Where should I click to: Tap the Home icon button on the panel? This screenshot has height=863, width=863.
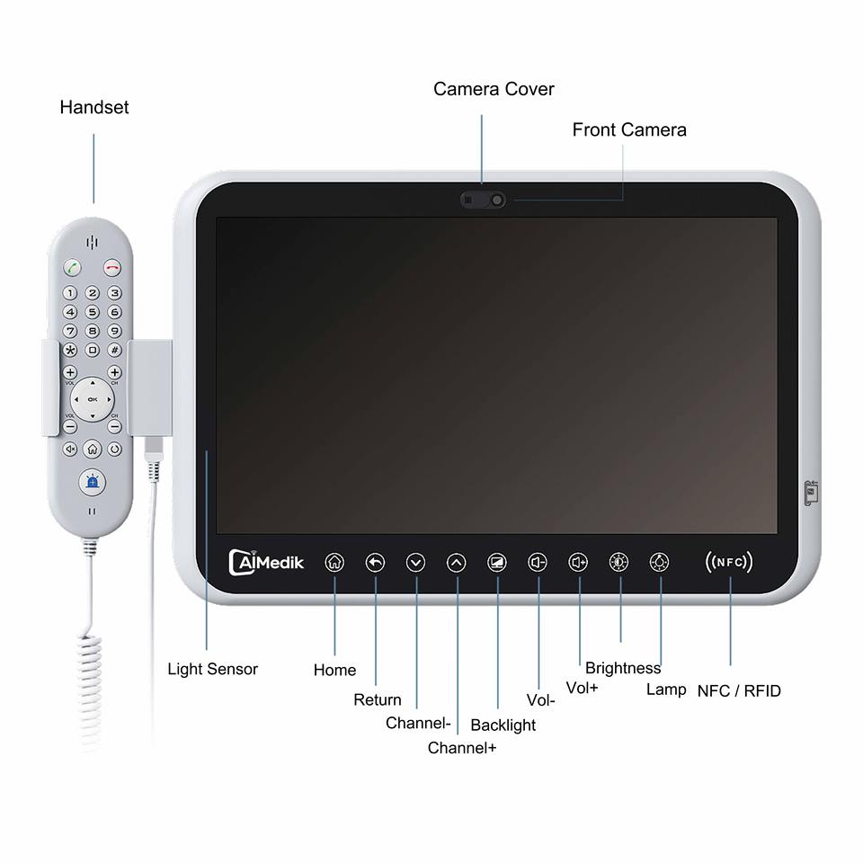tap(334, 563)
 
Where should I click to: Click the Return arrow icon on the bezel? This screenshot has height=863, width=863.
tap(375, 563)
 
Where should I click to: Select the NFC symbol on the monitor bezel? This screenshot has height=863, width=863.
tap(729, 563)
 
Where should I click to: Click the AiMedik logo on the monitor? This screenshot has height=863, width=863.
tap(267, 563)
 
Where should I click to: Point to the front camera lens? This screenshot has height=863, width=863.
tap(495, 200)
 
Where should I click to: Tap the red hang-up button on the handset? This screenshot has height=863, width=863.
tap(112, 267)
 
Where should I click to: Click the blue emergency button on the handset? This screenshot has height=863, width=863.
tap(92, 482)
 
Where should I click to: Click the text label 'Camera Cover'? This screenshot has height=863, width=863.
tap(494, 89)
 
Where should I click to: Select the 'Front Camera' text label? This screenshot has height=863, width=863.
tap(629, 129)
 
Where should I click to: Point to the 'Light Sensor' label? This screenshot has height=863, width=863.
tap(212, 669)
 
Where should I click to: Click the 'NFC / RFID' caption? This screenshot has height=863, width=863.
tap(739, 690)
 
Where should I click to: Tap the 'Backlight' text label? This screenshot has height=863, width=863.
tap(503, 725)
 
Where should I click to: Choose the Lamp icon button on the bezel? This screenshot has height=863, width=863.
tap(659, 563)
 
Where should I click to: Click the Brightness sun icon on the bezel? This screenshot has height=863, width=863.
tap(618, 563)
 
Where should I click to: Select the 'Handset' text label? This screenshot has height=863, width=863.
tap(94, 107)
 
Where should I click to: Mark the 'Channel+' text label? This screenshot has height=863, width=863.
tap(462, 747)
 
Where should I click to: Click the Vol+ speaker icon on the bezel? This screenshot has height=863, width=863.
tap(578, 563)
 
